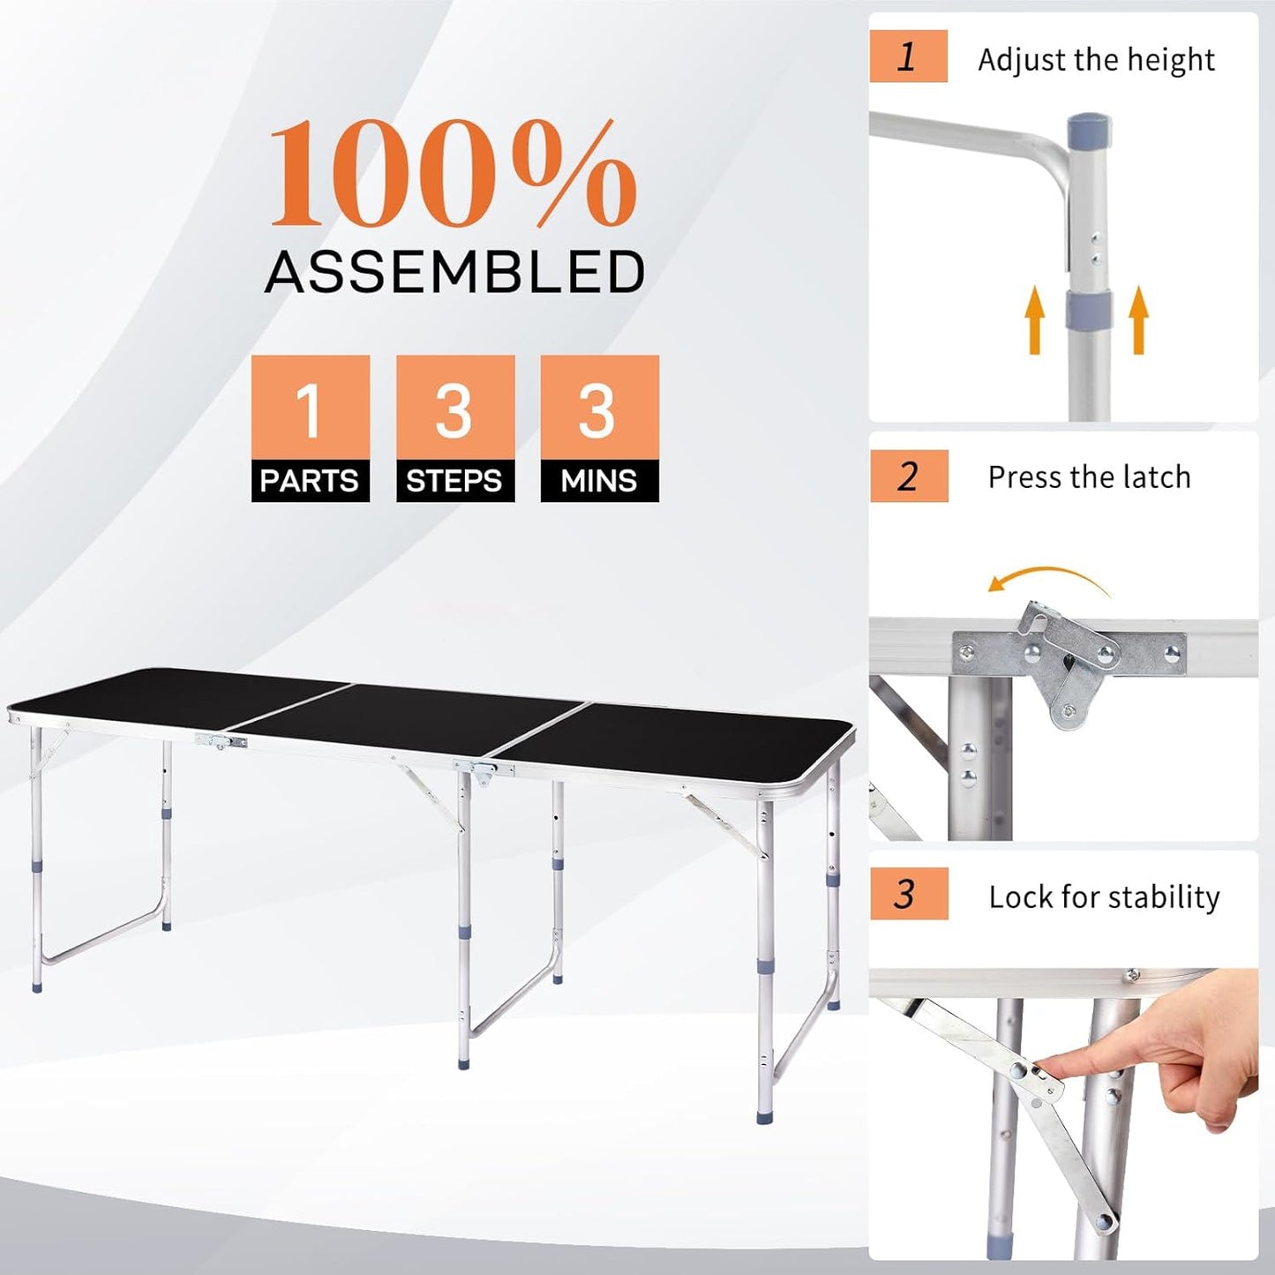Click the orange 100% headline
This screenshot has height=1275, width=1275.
(453, 174)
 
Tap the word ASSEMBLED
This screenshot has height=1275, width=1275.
(454, 272)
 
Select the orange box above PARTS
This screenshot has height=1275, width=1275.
(310, 408)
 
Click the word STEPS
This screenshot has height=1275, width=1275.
(454, 481)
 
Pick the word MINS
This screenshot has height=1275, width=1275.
(599, 481)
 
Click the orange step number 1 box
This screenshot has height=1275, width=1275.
(908, 56)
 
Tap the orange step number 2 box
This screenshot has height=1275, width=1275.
(908, 476)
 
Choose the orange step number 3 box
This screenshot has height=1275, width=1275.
(908, 894)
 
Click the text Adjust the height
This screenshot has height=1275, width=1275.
(1096, 60)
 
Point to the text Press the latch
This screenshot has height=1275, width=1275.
(1089, 477)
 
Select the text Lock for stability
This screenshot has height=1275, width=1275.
(1104, 896)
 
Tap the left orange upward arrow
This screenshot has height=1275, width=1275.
(1035, 322)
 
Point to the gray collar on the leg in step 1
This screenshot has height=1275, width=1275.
(1087, 308)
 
